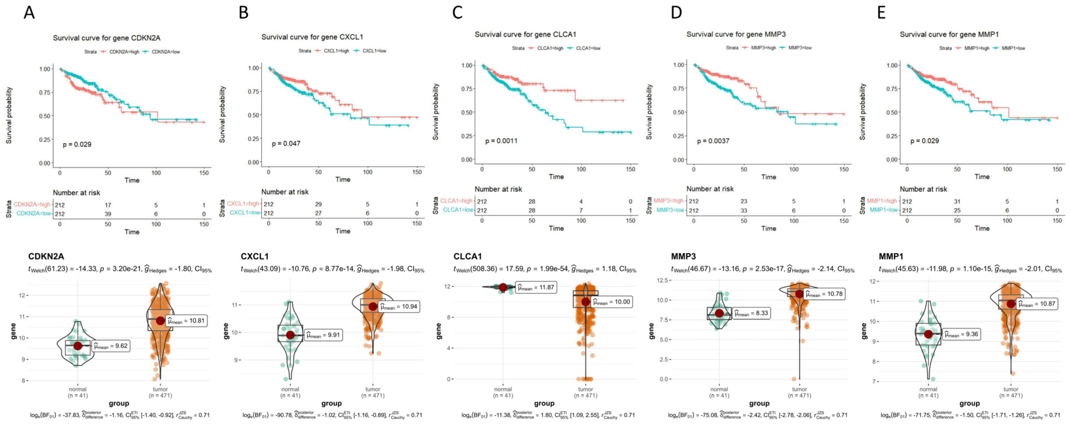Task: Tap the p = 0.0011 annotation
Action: click(x=501, y=141)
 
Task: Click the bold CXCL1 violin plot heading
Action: click(x=254, y=256)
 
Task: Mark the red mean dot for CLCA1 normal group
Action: click(x=503, y=287)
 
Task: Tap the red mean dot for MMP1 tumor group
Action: click(x=1011, y=304)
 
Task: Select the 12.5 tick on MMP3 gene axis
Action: click(x=661, y=280)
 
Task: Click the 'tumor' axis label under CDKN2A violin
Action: click(x=160, y=389)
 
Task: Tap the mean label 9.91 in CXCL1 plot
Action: click(x=323, y=335)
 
